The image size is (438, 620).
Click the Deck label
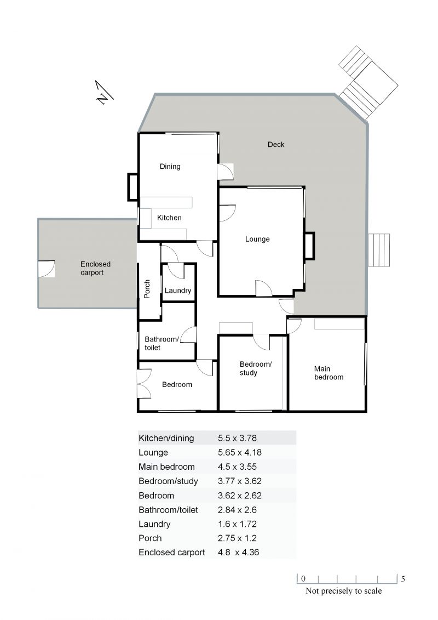coord(276,144)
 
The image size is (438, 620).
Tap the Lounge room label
coord(257,239)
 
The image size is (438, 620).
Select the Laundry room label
coord(178,291)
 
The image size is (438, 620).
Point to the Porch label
coord(147,289)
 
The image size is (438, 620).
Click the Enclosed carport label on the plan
coord(95,268)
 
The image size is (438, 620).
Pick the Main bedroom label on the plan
coord(328,373)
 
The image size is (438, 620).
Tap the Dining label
coord(170,167)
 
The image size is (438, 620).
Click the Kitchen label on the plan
coord(169,218)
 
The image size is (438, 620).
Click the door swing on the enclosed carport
coord(47,269)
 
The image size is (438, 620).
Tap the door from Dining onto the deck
coord(225,172)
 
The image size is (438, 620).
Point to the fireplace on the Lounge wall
coord(310,246)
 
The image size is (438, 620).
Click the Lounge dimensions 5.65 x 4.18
coord(240,452)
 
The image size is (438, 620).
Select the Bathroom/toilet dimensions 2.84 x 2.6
coord(237,510)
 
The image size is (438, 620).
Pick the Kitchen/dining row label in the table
coord(166,438)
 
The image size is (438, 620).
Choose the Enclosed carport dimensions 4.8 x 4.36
coord(239,553)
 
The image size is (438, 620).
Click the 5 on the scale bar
coord(403,579)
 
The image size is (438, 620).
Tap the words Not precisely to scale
coord(344,591)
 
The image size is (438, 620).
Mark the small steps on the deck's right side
coord(379,250)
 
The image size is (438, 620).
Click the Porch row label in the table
coord(150,538)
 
